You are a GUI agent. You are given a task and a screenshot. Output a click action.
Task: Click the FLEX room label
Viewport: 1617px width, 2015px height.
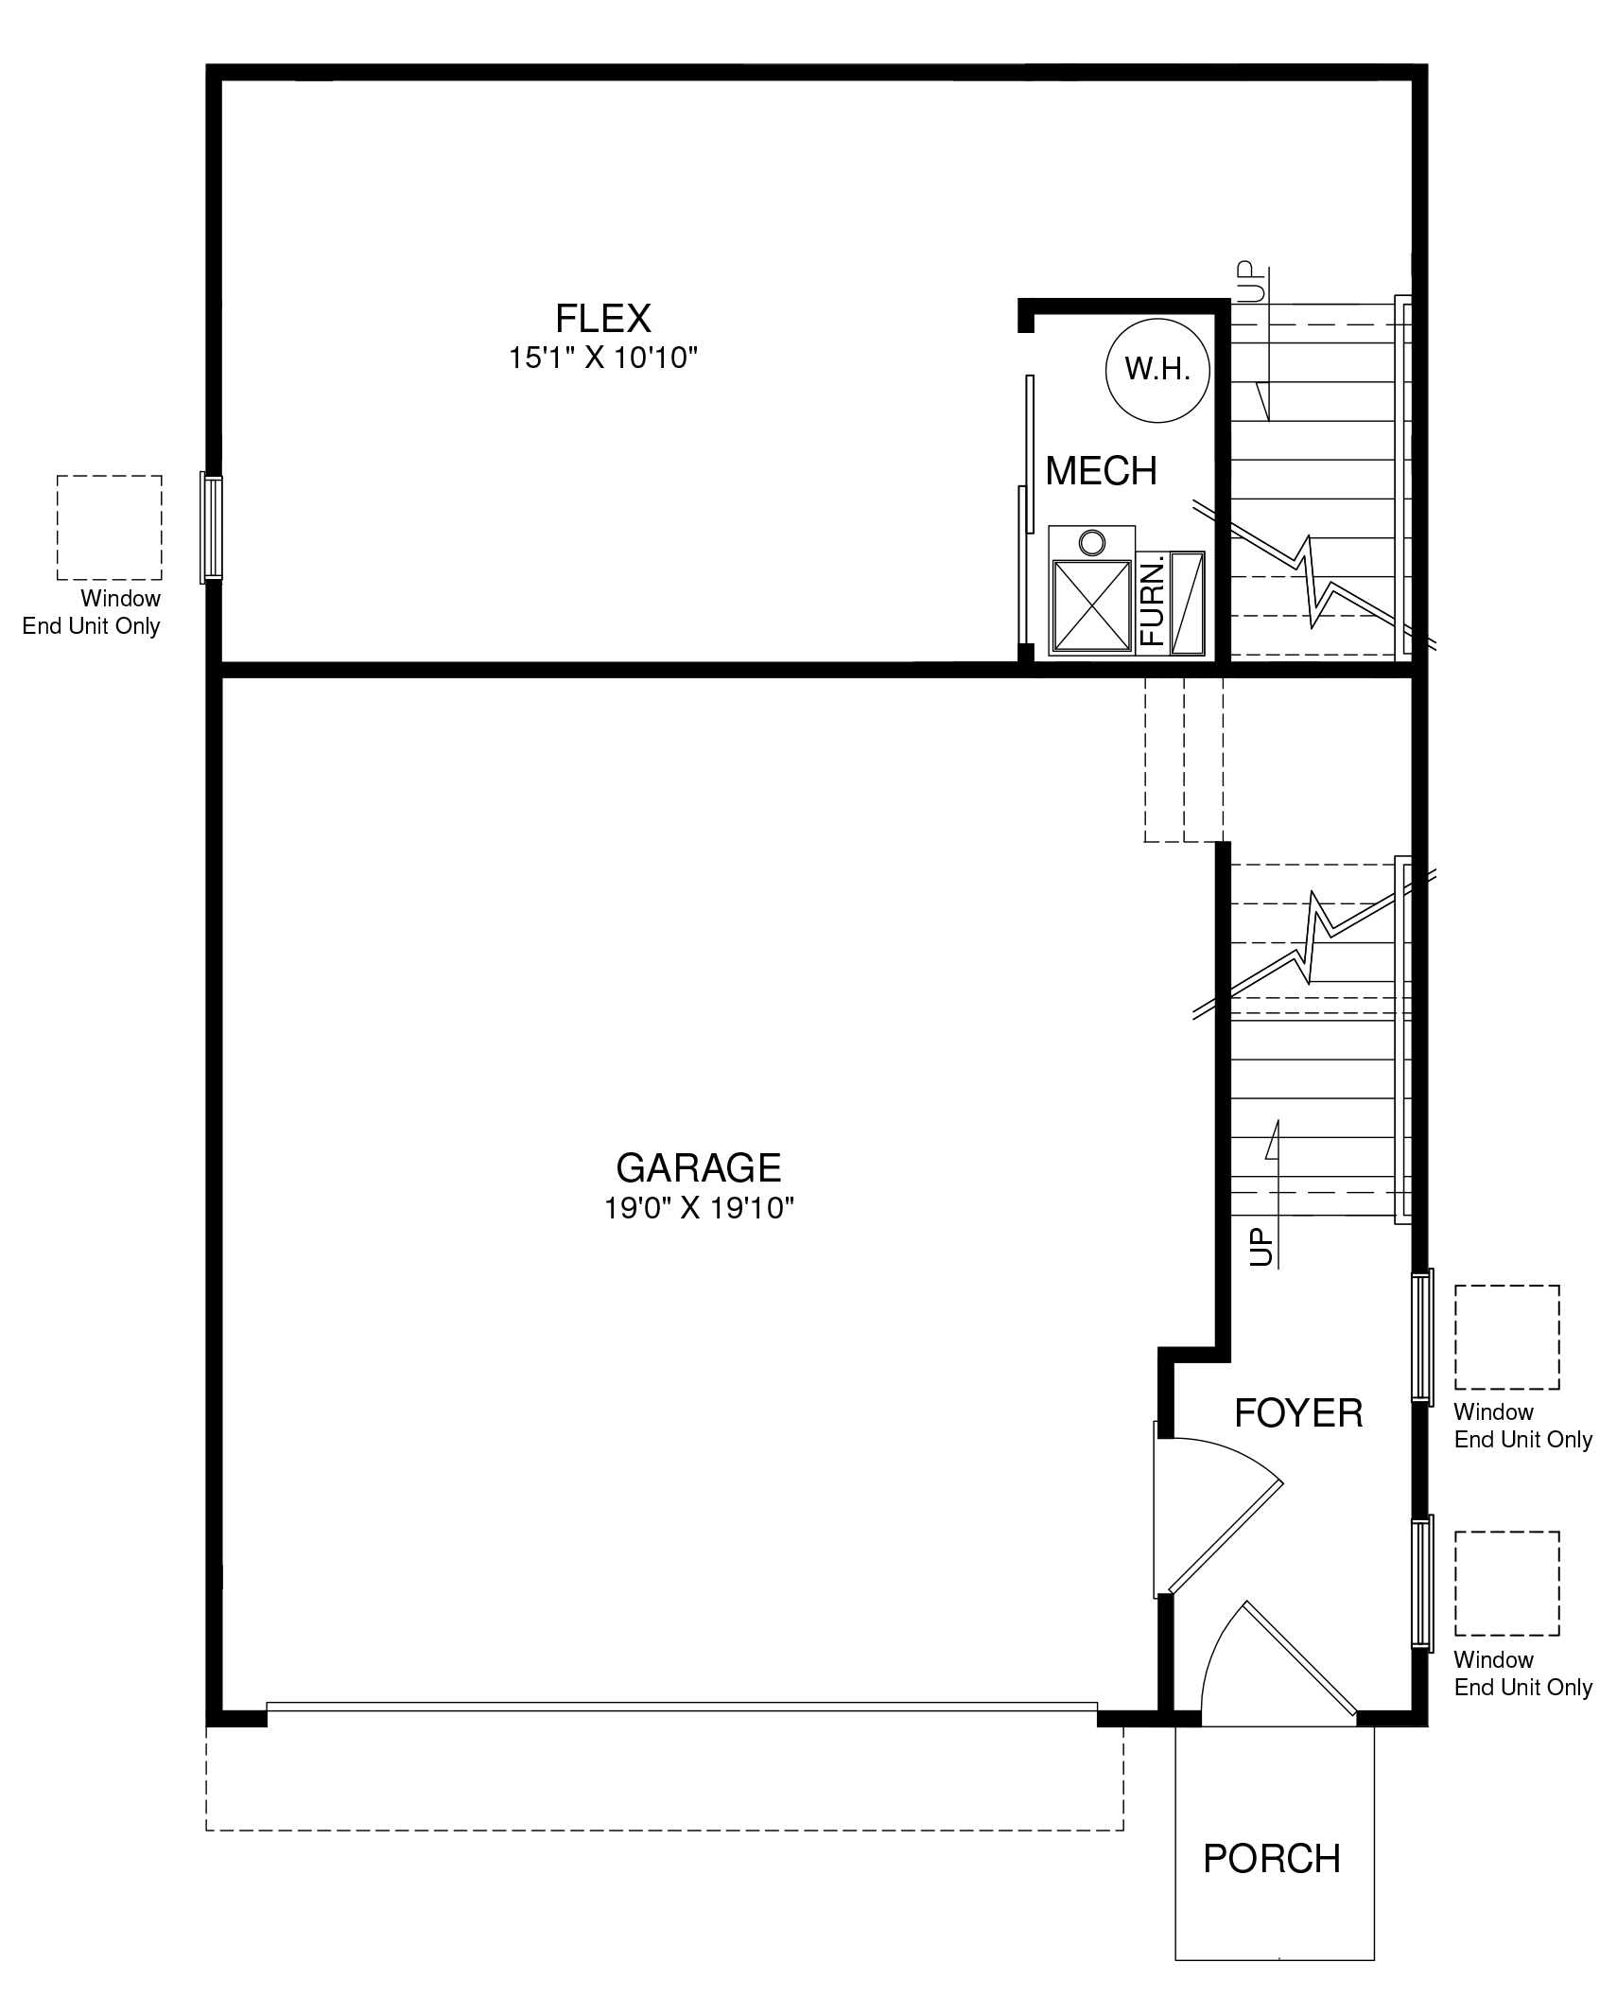[602, 319]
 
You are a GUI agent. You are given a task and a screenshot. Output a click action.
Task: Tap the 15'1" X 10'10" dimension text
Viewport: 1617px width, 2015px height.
[603, 359]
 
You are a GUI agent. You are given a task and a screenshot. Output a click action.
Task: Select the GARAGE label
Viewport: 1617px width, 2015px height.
[699, 1168]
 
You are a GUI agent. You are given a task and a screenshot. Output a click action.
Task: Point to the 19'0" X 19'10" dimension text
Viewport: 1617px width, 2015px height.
[699, 1208]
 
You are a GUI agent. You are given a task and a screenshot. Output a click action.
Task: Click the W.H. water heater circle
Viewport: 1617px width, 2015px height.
[1157, 370]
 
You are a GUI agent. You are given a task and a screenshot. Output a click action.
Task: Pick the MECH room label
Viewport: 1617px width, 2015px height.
[1102, 471]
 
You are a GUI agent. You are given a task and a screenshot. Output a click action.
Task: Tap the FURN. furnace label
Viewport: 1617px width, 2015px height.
[1152, 604]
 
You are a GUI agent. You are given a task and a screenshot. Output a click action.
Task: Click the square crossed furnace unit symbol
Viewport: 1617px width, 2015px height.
[1091, 605]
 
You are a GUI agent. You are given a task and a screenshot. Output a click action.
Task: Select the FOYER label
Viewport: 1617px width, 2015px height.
[1298, 1413]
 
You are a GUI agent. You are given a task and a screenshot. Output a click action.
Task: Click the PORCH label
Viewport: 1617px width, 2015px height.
[1272, 1859]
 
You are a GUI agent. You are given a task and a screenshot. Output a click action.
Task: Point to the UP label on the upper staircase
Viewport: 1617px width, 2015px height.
[1250, 281]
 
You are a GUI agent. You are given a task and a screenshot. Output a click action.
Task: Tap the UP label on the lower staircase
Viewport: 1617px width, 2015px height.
[1261, 1248]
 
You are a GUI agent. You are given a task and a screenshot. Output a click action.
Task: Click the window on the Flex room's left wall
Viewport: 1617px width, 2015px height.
[212, 527]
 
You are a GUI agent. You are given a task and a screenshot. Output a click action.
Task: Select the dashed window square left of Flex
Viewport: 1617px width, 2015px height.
[109, 528]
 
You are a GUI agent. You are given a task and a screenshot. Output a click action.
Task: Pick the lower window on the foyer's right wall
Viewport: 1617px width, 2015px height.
[1422, 1584]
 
